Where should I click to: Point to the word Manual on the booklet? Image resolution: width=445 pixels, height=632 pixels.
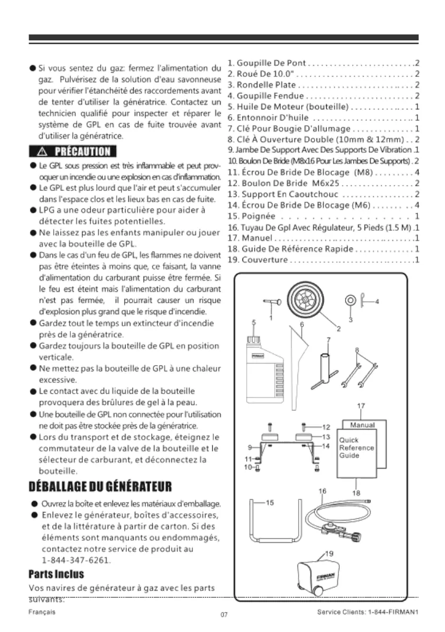(x=363, y=425)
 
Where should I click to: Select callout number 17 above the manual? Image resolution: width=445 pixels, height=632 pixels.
(x=361, y=406)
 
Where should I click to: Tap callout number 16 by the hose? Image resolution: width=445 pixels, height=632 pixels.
(x=322, y=491)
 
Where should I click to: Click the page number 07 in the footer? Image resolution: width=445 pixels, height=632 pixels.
(x=223, y=615)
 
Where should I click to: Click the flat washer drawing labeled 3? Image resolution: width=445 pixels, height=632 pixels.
(x=350, y=300)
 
